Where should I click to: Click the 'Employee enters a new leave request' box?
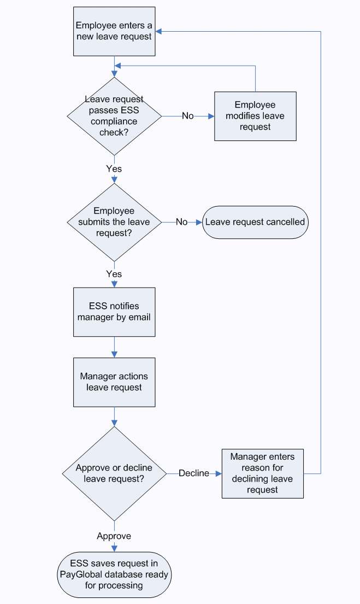click(x=114, y=31)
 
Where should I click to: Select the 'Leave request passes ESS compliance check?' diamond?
click(x=114, y=116)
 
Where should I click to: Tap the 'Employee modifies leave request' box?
click(x=255, y=116)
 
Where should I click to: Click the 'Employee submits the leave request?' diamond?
click(x=114, y=222)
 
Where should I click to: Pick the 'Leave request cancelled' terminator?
click(x=255, y=222)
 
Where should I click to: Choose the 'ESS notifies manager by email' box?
click(x=114, y=312)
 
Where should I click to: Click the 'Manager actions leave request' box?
click(x=114, y=382)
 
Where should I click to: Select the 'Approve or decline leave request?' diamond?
click(x=114, y=473)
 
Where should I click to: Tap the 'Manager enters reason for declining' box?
click(x=262, y=473)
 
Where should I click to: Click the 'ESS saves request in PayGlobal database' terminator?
click(x=114, y=574)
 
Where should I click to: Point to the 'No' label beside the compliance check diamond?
click(x=187, y=116)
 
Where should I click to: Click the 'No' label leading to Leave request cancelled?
click(x=181, y=222)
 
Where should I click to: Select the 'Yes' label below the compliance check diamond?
click(x=114, y=169)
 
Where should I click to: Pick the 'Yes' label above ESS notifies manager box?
click(x=114, y=274)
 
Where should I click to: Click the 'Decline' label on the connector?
click(x=194, y=473)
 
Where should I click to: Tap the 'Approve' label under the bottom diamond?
click(x=114, y=536)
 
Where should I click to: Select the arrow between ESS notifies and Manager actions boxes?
click(x=114, y=347)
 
